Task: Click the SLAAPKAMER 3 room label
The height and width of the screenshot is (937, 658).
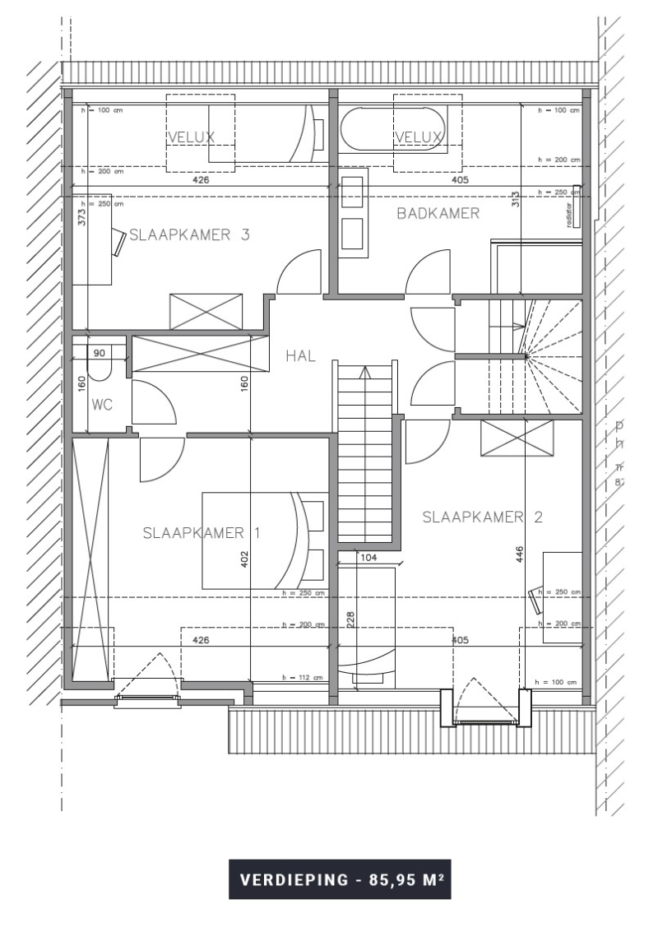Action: (190, 235)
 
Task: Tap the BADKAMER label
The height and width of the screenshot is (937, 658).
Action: (438, 214)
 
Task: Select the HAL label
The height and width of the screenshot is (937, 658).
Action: (302, 356)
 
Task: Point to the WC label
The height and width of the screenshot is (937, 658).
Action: (101, 406)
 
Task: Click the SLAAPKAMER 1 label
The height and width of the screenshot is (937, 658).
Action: (202, 532)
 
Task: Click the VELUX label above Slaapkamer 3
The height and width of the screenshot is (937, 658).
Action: (191, 137)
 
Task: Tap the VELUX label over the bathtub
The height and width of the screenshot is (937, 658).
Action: (419, 137)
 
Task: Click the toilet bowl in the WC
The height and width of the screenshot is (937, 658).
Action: (99, 370)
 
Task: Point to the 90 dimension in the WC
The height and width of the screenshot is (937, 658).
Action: (100, 353)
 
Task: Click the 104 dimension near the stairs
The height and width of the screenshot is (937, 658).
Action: (369, 558)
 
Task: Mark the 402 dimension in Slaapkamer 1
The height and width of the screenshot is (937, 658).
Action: (244, 560)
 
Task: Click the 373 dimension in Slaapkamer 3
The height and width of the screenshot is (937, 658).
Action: (81, 216)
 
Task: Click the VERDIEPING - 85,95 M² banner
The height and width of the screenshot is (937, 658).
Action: (340, 879)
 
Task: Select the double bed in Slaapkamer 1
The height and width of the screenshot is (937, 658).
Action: (251, 540)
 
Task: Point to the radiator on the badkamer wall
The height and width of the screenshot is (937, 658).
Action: (577, 207)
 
